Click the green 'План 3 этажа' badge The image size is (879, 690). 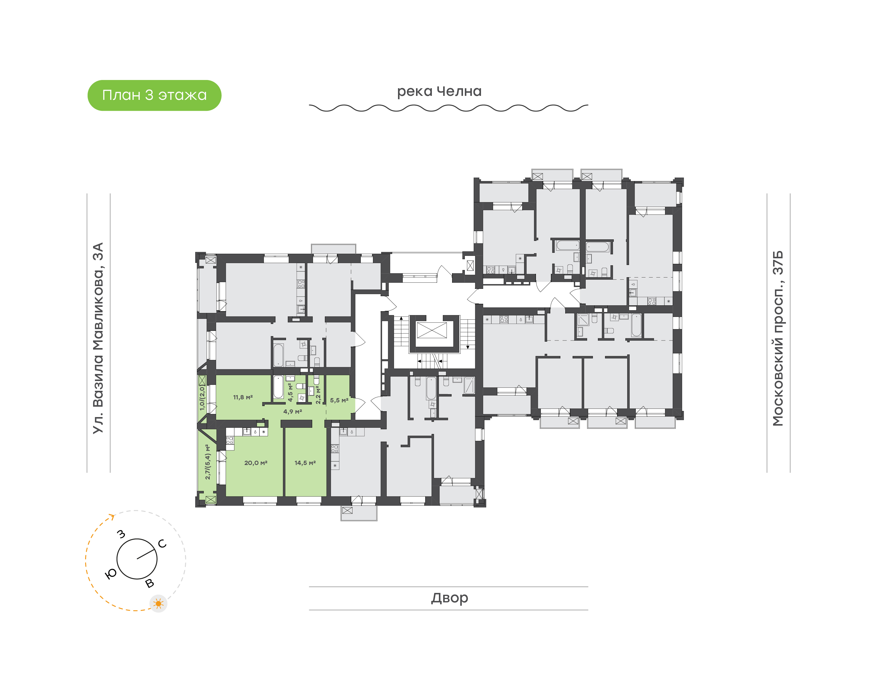154,95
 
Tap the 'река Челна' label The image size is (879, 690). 439,91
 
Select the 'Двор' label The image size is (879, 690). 449,598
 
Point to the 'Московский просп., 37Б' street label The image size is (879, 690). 778,338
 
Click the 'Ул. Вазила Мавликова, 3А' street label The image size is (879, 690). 98,338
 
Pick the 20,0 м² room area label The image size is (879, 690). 255,463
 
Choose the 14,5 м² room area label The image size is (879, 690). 305,463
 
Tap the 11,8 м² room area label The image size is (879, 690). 243,398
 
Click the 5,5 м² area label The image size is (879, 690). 339,400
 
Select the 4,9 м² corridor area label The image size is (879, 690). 292,412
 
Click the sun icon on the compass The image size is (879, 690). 158,604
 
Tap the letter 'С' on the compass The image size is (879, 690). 162,544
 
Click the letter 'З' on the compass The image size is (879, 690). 121,534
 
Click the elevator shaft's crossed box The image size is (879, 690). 432,330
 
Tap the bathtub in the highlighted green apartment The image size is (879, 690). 278,387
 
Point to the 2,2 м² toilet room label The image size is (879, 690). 318,395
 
